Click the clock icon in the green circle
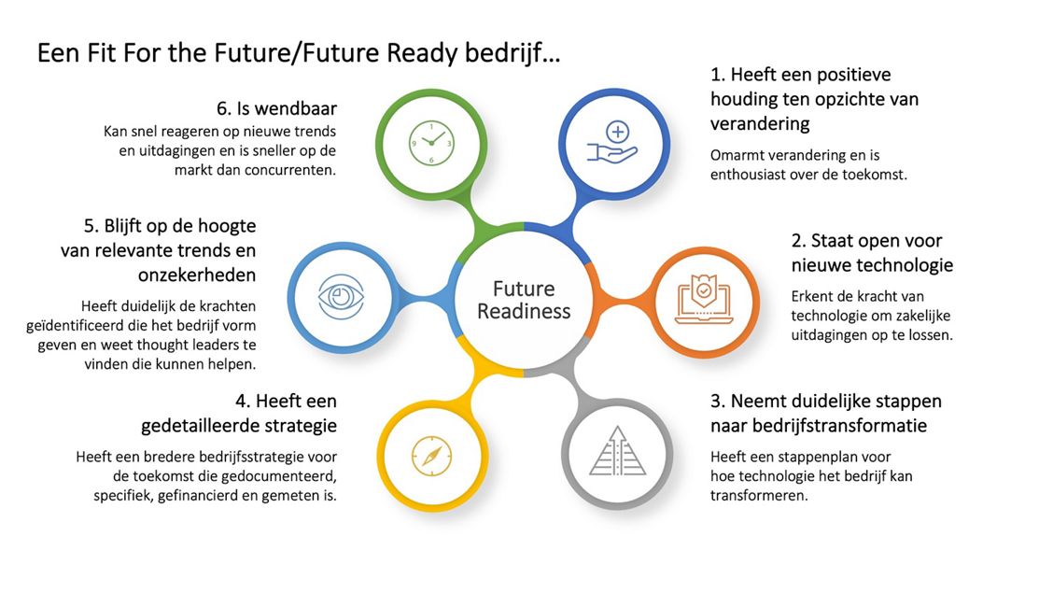(x=431, y=143)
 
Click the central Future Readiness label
(x=524, y=300)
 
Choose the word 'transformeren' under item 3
(x=758, y=496)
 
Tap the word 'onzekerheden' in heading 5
(x=197, y=275)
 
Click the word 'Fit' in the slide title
(x=97, y=53)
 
